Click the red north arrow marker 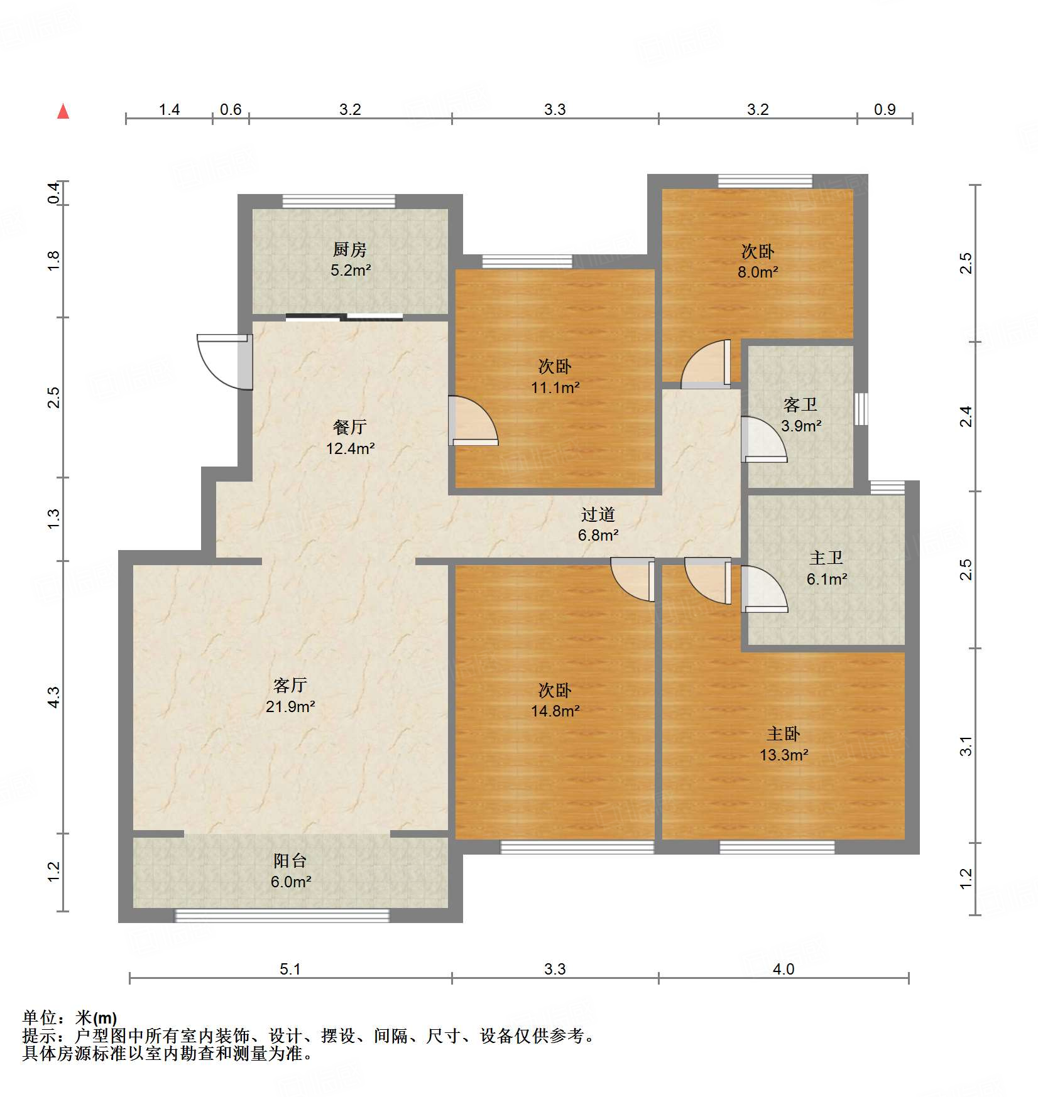point(63,111)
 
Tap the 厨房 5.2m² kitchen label point(350,260)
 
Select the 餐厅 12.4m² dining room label point(350,438)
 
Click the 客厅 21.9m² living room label point(290,696)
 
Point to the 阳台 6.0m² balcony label point(290,871)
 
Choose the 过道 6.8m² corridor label point(598,525)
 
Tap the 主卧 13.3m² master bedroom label point(784,744)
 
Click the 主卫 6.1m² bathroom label point(826,568)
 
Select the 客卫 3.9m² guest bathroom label point(800,415)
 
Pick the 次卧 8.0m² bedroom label point(758,261)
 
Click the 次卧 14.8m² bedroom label point(555,701)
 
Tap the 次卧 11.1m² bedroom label point(555,377)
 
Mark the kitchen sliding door point(344,317)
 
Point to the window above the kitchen point(339,202)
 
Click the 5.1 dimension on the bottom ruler point(290,969)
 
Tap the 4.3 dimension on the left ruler point(54,697)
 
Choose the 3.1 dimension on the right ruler point(966,746)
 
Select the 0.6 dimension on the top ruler point(231,110)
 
